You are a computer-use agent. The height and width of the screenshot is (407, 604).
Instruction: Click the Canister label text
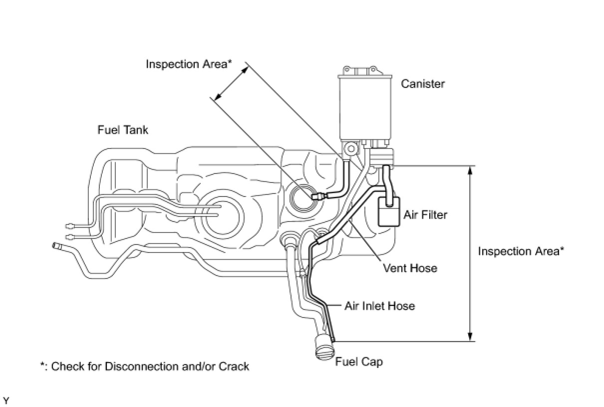pos(422,83)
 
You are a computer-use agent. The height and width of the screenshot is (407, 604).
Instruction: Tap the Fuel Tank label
pos(122,130)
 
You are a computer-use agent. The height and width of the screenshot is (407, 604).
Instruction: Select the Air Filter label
pos(425,215)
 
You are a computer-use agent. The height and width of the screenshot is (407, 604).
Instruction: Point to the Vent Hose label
pos(410,268)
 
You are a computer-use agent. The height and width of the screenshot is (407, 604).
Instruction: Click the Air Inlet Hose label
pos(379,305)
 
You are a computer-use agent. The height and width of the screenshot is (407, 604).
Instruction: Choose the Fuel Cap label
pos(359,361)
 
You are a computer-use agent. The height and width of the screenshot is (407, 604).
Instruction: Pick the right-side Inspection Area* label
pos(521,251)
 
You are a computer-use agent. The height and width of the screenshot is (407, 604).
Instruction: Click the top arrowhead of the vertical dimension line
pos(469,170)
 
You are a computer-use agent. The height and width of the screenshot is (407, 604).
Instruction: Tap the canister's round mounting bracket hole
pos(351,148)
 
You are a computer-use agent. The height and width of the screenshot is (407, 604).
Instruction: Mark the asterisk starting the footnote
pos(42,365)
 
